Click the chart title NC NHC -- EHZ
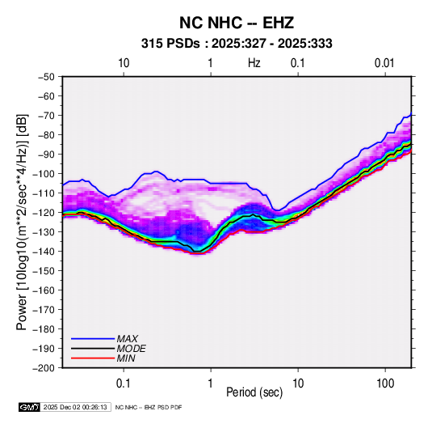[237, 23]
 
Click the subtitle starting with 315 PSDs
[237, 44]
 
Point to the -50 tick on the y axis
[46, 77]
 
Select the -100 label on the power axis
[44, 174]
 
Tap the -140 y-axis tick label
[44, 252]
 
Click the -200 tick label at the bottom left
[44, 368]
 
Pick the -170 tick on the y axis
[44, 310]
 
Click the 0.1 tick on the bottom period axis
[124, 384]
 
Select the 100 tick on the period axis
[385, 384]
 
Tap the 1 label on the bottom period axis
[211, 384]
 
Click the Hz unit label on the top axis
[254, 63]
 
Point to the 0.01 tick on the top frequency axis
[384, 63]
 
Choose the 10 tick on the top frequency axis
[124, 63]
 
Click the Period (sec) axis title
[254, 392]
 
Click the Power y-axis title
[22, 222]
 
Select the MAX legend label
[128, 339]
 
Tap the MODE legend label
[131, 349]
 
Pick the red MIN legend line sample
[93, 358]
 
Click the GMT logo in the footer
[29, 407]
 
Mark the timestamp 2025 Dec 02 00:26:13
[75, 407]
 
